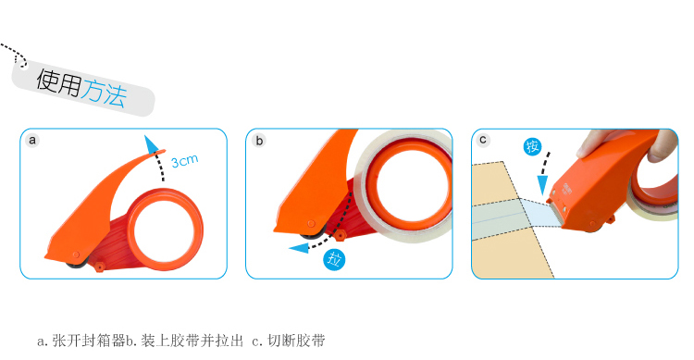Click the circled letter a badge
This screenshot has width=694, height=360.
coord(32,141)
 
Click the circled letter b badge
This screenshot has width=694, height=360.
coord(259,141)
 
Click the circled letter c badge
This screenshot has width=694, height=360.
coord(483,140)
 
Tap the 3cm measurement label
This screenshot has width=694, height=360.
coord(184,161)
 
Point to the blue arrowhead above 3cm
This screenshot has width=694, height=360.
coord(151,144)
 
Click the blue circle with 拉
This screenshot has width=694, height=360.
coord(334,259)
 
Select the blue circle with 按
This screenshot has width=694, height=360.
coord(532,146)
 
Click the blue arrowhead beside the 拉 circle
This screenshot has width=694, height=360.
coord(298,248)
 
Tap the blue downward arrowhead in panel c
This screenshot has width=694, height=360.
coord(542,185)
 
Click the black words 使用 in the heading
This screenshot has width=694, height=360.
coord(59,82)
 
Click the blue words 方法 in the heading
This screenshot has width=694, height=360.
coord(105,93)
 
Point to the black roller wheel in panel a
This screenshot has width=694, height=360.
coord(76,264)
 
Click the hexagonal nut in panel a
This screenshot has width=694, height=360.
coord(100,267)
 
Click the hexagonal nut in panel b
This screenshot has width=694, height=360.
coord(340,234)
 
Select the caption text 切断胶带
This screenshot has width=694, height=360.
coord(296,341)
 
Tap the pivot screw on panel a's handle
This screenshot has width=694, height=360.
coord(76,255)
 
